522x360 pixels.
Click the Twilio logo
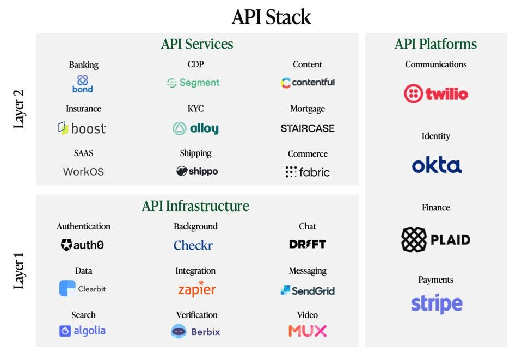point(436,94)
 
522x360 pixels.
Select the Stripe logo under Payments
point(437,303)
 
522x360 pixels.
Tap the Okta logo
point(437,165)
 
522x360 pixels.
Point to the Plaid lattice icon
point(414,240)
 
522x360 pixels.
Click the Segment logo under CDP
point(193,83)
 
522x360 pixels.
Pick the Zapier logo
point(196,289)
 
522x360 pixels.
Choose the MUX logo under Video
point(308,331)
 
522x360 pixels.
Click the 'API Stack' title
point(271,17)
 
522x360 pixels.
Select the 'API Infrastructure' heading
point(195,206)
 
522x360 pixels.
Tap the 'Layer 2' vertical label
point(19,109)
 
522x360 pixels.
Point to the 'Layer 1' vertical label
point(19,270)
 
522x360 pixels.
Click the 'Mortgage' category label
point(308,109)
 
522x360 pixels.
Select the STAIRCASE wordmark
point(308,128)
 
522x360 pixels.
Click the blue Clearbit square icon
point(67,288)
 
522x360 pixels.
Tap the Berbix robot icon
point(179,331)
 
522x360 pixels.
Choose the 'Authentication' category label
point(83,226)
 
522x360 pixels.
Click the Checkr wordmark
point(193,245)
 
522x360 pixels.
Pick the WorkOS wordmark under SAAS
point(83,172)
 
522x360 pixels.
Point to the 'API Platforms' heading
point(436,44)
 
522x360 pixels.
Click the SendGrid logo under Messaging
point(308,291)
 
